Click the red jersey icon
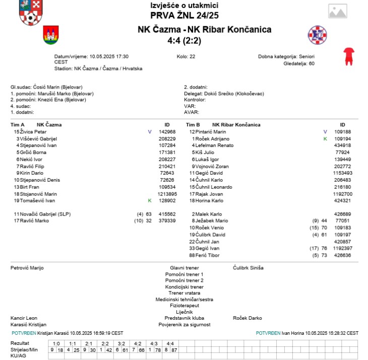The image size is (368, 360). pyautogui.click(x=348, y=56)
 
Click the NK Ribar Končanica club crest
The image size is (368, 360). pyautogui.click(x=318, y=35)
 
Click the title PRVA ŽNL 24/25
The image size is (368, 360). pyautogui.click(x=185, y=15)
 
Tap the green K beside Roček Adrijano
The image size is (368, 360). pyautogui.click(x=325, y=138)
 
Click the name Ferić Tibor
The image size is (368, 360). pyautogui.click(x=208, y=255)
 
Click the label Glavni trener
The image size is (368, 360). pyautogui.click(x=184, y=268)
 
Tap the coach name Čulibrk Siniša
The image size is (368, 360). pyautogui.click(x=248, y=268)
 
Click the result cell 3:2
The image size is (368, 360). pyautogui.click(x=121, y=343)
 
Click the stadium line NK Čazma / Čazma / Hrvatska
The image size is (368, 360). pyautogui.click(x=98, y=68)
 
